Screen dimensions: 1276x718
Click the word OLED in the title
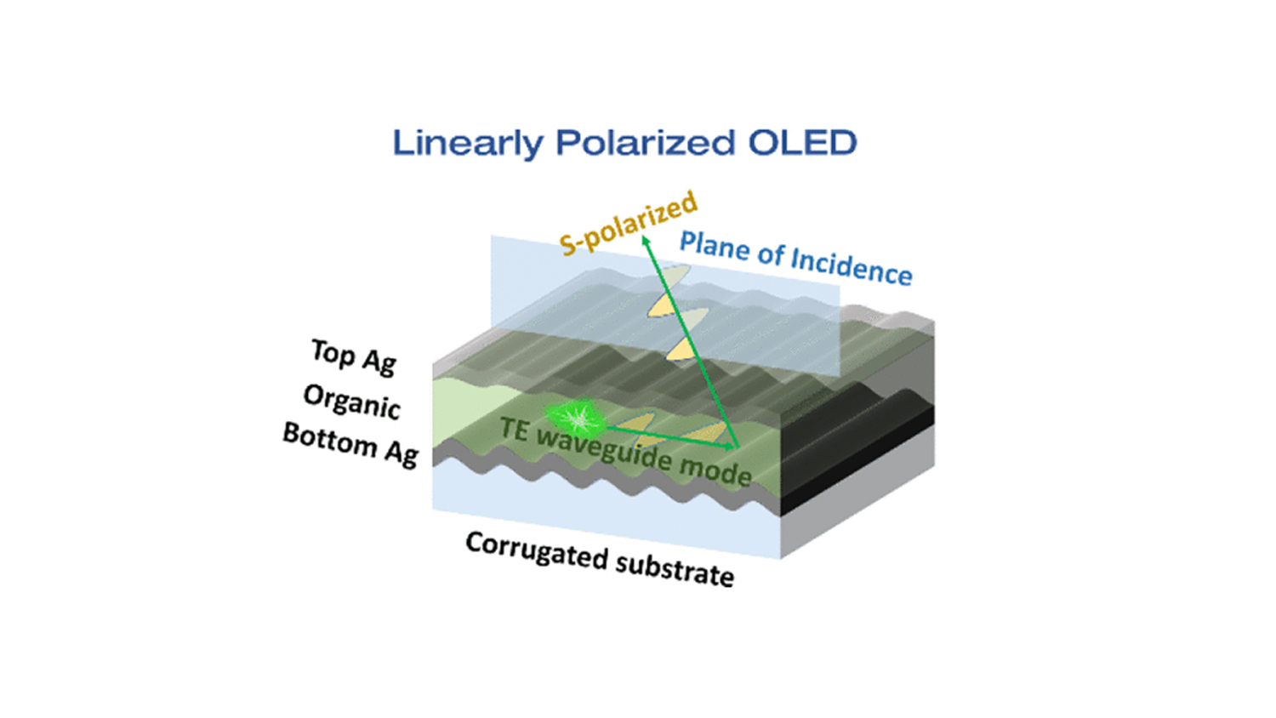tap(802, 142)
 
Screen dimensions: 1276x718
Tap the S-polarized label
tap(629, 224)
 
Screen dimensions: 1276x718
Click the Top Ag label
tap(354, 356)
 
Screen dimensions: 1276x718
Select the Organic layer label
tap(351, 402)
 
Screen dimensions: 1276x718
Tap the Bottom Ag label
tap(350, 445)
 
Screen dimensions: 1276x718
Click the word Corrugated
tap(537, 551)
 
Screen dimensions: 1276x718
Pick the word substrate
tap(675, 571)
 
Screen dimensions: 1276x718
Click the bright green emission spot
tap(575, 419)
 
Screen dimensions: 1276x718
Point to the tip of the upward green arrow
tap(644, 235)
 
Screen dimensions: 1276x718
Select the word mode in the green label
tap(715, 471)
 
